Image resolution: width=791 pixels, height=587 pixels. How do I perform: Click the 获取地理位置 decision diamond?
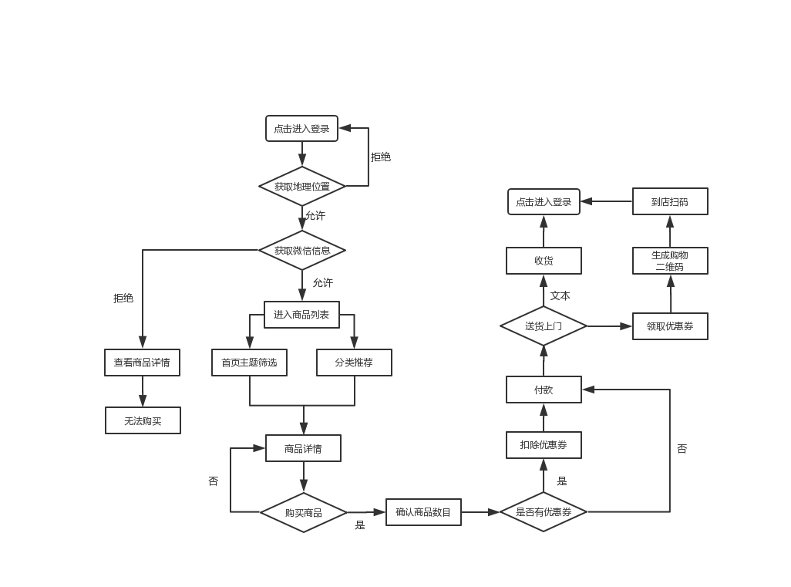pos(302,186)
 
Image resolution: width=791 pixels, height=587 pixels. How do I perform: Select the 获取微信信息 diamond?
pos(302,250)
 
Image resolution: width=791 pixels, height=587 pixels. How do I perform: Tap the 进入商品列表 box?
pos(301,314)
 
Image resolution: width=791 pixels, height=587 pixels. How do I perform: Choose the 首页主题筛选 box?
pos(249,363)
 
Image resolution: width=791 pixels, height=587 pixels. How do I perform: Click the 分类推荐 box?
pos(354,363)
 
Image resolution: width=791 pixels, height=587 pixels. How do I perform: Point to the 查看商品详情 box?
pos(142,363)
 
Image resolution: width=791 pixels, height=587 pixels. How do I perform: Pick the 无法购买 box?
pos(143,420)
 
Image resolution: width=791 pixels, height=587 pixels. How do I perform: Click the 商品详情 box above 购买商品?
pos(303,448)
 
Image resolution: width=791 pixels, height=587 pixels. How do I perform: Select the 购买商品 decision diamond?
pos(303,512)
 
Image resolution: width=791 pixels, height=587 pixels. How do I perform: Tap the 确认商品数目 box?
pos(423,512)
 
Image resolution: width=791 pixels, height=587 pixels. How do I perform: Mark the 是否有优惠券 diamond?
pos(544,511)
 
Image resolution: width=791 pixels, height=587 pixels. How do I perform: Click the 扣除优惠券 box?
pos(544,445)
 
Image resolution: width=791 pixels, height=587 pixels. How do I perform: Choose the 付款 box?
pos(544,390)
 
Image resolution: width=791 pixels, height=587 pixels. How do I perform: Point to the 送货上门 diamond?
pos(544,326)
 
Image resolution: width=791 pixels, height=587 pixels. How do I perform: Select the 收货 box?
pos(544,261)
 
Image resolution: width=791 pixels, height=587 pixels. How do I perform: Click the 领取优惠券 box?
pos(670,326)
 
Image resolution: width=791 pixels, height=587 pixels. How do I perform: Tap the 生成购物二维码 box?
pos(670,261)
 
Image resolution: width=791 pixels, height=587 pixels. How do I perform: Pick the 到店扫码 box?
pos(670,201)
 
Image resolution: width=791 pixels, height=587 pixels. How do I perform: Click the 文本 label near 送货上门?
pos(560,295)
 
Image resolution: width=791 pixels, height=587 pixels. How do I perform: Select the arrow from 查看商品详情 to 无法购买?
pos(142,392)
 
